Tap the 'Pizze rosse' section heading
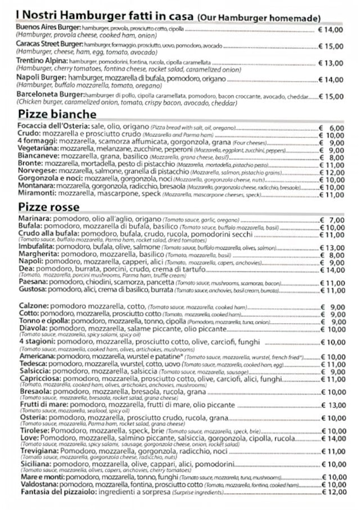pos(48,207)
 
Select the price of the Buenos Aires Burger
pos(331,29)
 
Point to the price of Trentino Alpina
pos(331,63)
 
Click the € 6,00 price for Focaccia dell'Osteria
pos(331,128)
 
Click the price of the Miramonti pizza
pos(331,195)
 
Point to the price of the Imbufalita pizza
pos(332,247)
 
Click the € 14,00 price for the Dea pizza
pos(332,270)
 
